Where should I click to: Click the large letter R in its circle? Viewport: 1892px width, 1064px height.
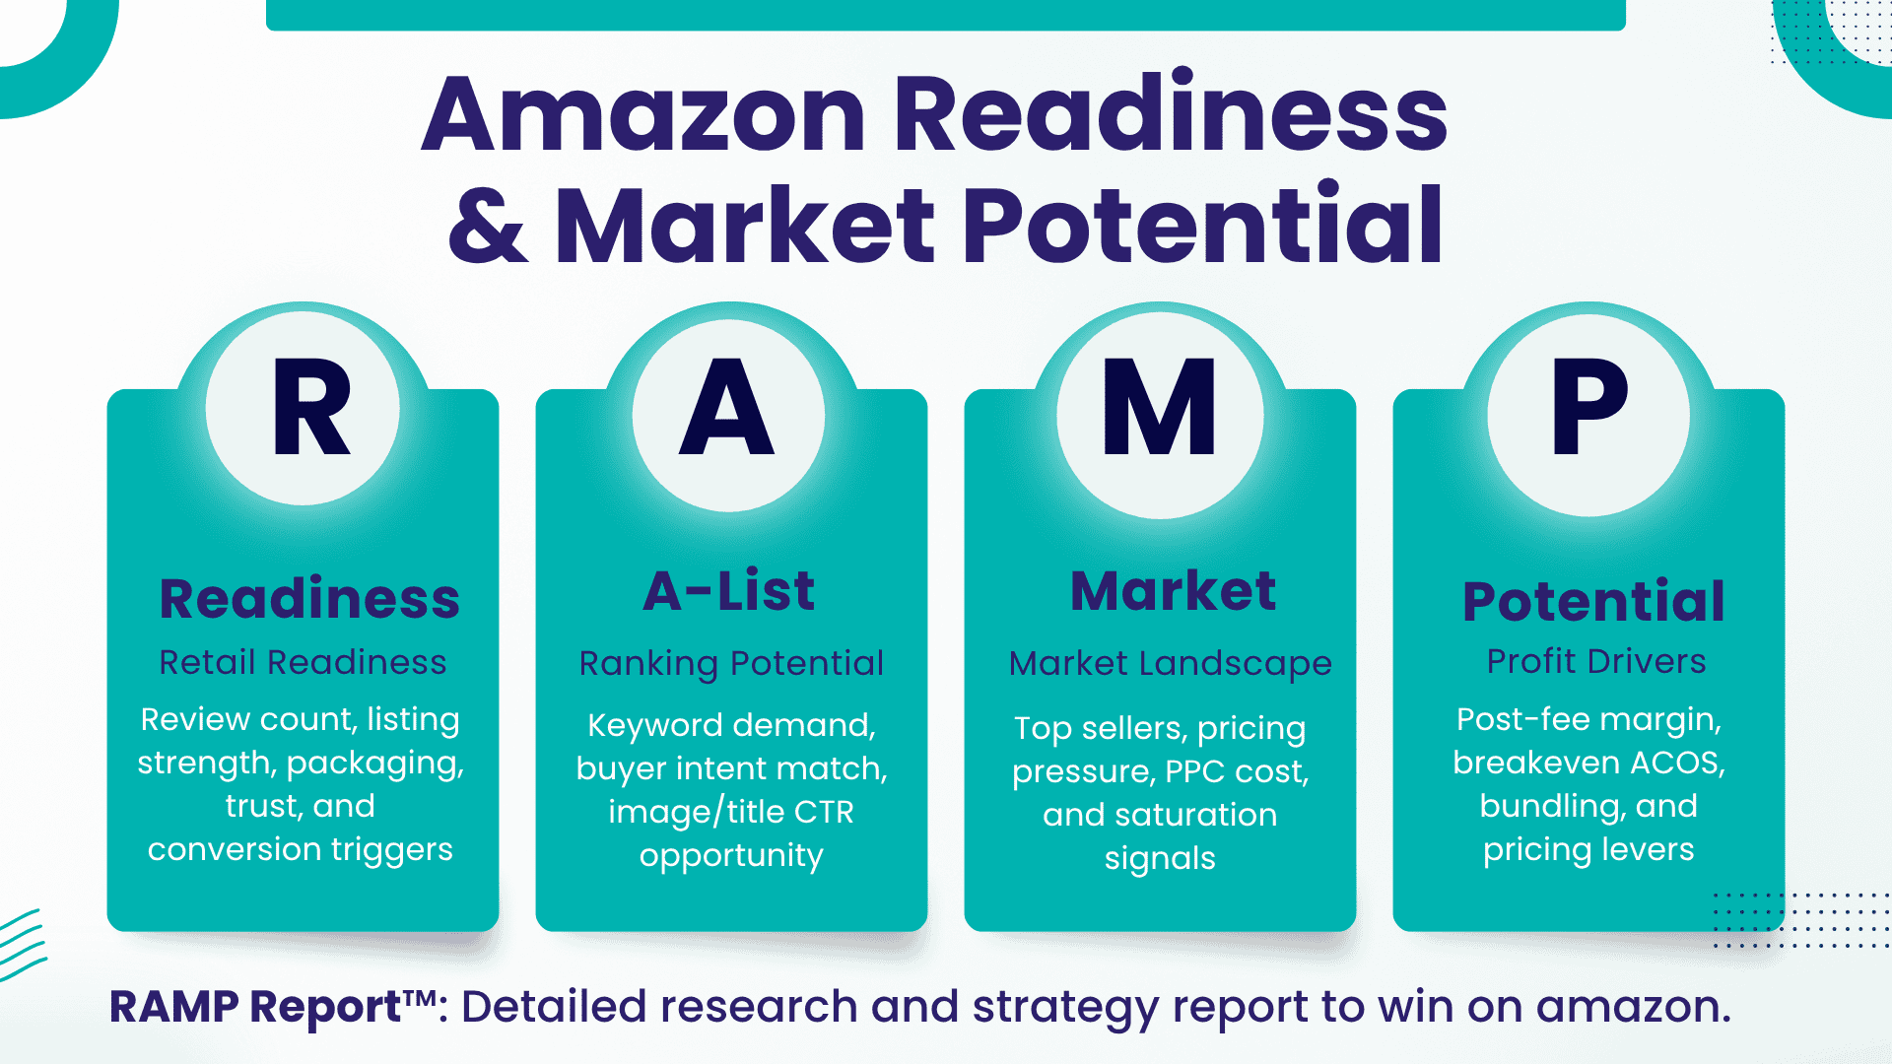coord(311,406)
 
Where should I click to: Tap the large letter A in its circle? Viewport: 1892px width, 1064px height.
coord(727,406)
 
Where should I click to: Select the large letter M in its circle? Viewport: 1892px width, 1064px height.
coord(1160,406)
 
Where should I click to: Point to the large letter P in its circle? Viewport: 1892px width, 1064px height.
coord(1589,406)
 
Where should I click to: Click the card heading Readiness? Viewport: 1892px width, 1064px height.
coord(309,598)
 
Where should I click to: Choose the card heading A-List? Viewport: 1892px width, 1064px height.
coord(729,591)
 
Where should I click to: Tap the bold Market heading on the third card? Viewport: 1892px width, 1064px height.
coord(1174,591)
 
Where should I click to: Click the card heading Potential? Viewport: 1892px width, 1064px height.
coord(1593,601)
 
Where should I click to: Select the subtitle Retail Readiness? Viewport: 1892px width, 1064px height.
coord(303,662)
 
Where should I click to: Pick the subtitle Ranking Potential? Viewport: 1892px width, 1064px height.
coord(731,664)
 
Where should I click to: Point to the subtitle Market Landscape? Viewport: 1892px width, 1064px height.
coord(1170,664)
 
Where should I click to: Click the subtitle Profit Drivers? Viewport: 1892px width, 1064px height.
coord(1596,661)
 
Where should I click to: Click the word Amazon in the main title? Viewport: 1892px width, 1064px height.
coord(643,114)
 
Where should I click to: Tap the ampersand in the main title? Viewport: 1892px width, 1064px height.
coord(488,226)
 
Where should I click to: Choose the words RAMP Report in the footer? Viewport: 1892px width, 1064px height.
coord(255,1007)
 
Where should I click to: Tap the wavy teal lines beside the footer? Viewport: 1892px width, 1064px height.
coord(22,944)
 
